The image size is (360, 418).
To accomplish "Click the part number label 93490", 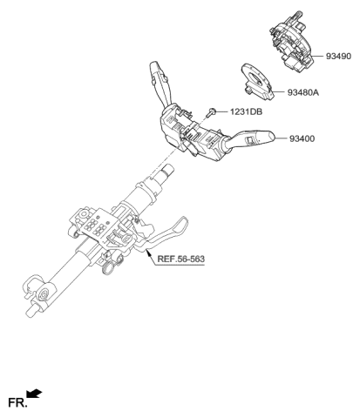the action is (338, 56).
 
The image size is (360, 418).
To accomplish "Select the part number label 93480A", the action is (303, 92).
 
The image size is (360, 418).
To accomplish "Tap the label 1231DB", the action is (246, 111).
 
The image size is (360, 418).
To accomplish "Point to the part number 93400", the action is (302, 138).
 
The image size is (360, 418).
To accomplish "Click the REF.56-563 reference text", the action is (180, 259).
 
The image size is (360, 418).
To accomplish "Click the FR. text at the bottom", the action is (17, 402).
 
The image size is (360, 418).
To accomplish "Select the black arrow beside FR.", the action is (34, 394).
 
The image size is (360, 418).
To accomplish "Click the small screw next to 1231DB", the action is (211, 112).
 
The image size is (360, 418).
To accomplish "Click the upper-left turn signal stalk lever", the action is (160, 84).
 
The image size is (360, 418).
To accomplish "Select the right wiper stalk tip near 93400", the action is (268, 138).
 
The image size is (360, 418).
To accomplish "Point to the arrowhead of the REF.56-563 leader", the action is (148, 252).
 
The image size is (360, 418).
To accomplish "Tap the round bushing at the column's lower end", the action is (45, 295).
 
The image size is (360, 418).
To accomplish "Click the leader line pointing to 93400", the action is (281, 138).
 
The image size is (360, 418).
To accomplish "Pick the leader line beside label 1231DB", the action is (222, 111).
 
